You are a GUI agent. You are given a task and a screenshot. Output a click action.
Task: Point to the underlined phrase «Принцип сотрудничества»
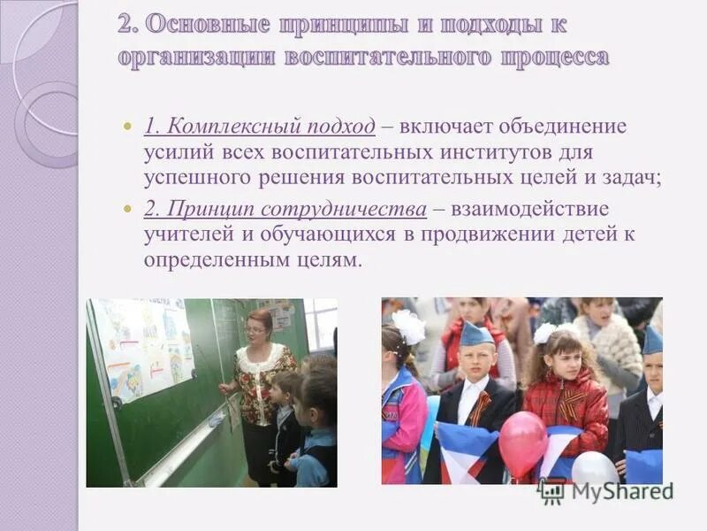tap(285, 210)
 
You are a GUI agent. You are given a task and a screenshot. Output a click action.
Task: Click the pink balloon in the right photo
tap(522, 442)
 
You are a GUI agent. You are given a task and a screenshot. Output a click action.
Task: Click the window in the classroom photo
tap(320, 323)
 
